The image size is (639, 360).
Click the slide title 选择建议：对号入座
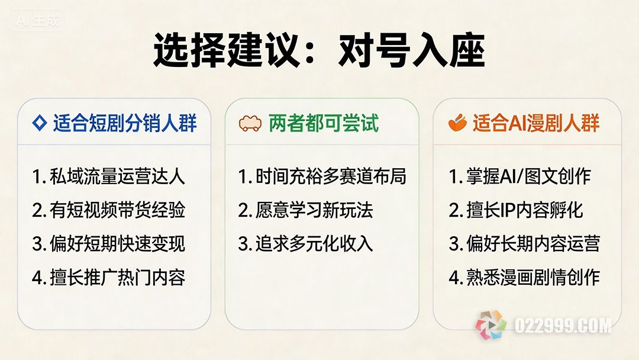pyautogui.click(x=319, y=50)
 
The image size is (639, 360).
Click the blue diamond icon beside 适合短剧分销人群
pyautogui.click(x=40, y=123)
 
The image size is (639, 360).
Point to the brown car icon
pyautogui.click(x=250, y=123)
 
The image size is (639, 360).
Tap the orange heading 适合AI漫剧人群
pyautogui.click(x=536, y=123)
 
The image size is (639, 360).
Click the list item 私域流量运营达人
pyautogui.click(x=109, y=176)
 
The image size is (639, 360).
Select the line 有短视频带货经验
pyautogui.click(x=109, y=210)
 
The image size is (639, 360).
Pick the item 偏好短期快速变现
pyautogui.click(x=109, y=243)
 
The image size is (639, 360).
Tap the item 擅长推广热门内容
pyautogui.click(x=109, y=277)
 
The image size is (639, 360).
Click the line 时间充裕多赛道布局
pyautogui.click(x=322, y=176)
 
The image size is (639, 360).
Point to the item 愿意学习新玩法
pyautogui.click(x=306, y=210)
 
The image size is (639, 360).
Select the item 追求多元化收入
pyautogui.click(x=306, y=243)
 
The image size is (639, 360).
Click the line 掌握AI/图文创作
pyautogui.click(x=521, y=176)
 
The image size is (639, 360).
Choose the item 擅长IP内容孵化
pyautogui.click(x=517, y=210)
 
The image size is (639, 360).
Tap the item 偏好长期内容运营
pyautogui.click(x=525, y=243)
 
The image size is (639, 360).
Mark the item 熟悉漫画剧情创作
pyautogui.click(x=525, y=277)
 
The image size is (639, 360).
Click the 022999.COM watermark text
pyautogui.click(x=563, y=326)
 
